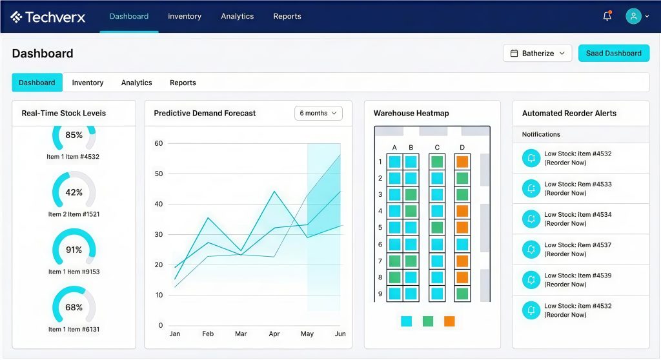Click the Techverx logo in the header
(x=48, y=17)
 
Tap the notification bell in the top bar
(x=607, y=16)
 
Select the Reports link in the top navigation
(x=287, y=16)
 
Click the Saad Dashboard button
(x=613, y=54)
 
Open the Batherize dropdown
(x=537, y=54)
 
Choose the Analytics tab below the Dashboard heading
(x=137, y=83)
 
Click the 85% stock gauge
(x=74, y=135)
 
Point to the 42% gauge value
(x=74, y=192)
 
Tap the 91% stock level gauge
(x=74, y=250)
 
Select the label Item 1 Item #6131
(x=74, y=329)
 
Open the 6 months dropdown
(x=318, y=114)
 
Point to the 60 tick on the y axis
(x=158, y=143)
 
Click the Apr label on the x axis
(x=274, y=334)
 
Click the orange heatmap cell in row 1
(x=462, y=161)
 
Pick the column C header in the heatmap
(x=437, y=148)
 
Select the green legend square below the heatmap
(x=428, y=321)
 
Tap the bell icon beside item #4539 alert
(x=531, y=279)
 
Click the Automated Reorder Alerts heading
(x=569, y=114)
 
